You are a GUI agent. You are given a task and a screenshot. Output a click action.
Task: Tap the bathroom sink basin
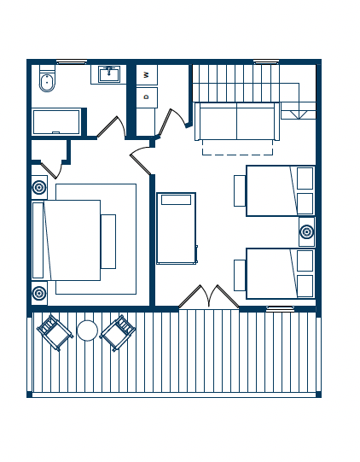pyautogui.click(x=109, y=74)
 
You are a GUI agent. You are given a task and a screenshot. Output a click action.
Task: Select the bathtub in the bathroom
pyautogui.click(x=56, y=122)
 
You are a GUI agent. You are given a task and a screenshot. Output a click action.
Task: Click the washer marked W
pyautogui.click(x=147, y=75)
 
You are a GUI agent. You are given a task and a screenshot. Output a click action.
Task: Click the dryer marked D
pyautogui.click(x=147, y=97)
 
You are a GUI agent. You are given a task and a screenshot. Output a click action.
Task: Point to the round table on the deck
pyautogui.click(x=87, y=330)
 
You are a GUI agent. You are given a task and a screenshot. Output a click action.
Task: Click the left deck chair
pyautogui.click(x=55, y=333)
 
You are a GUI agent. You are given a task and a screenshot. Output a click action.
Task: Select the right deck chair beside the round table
pyautogui.click(x=118, y=333)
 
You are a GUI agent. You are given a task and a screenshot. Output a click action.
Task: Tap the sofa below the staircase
pyautogui.click(x=236, y=121)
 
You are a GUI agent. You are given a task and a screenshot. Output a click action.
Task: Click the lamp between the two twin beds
pyautogui.click(x=307, y=232)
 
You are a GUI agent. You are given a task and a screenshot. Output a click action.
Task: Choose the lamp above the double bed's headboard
pyautogui.click(x=39, y=187)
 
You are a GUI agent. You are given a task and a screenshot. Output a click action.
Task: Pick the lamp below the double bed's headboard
pyautogui.click(x=39, y=293)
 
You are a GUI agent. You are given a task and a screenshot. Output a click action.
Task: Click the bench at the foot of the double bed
pyautogui.click(x=108, y=242)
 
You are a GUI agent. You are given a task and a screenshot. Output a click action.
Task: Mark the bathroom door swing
pyautogui.click(x=111, y=127)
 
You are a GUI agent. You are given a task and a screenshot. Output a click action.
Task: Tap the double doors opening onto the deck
pyautogui.click(x=209, y=296)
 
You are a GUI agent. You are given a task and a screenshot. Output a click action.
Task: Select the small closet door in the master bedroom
pyautogui.click(x=52, y=170)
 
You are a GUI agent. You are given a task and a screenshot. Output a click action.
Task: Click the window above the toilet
pyautogui.click(x=72, y=61)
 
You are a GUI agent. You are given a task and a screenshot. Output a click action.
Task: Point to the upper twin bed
pyautogui.click(x=280, y=191)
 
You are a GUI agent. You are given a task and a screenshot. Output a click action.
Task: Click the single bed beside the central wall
pyautogui.click(x=177, y=228)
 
